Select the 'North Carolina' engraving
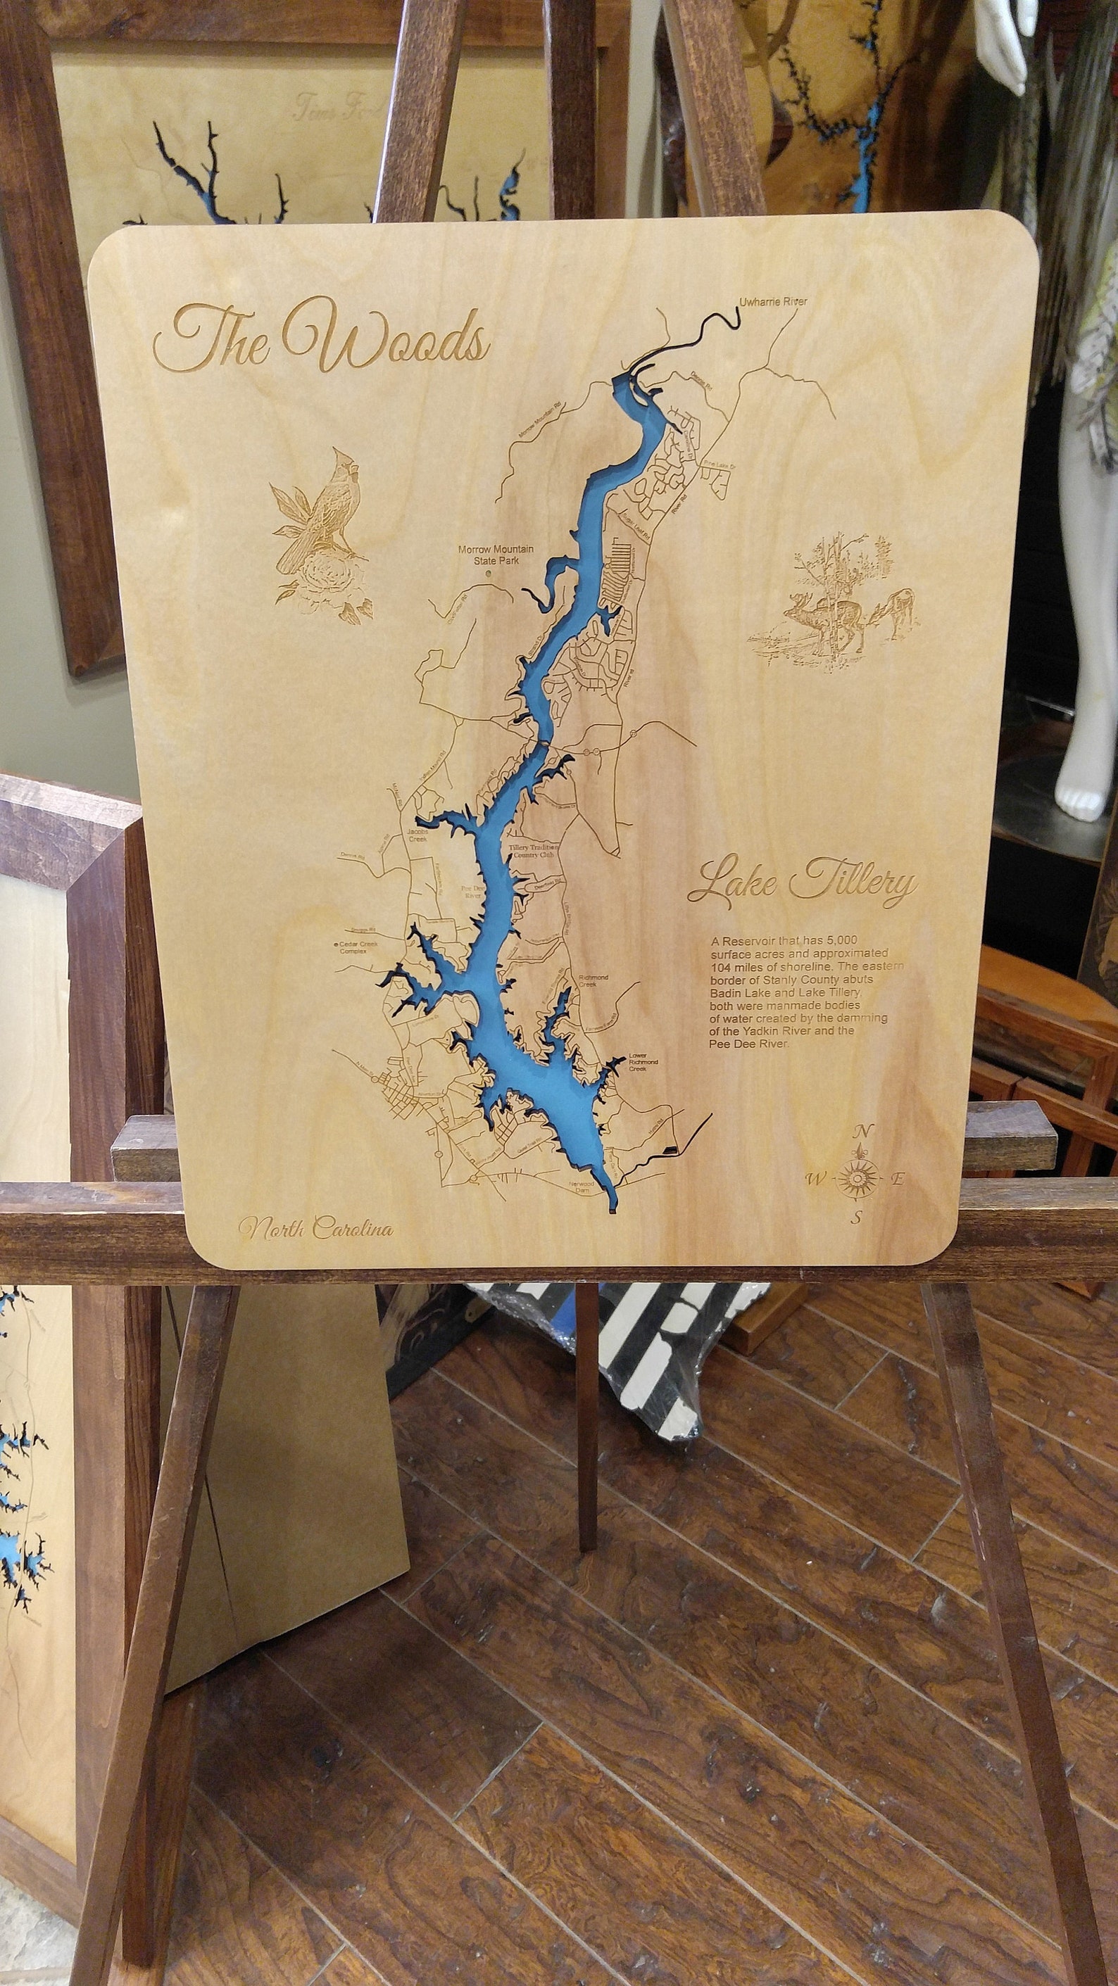point(315,1228)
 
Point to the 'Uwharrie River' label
point(772,301)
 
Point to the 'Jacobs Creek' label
point(422,838)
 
